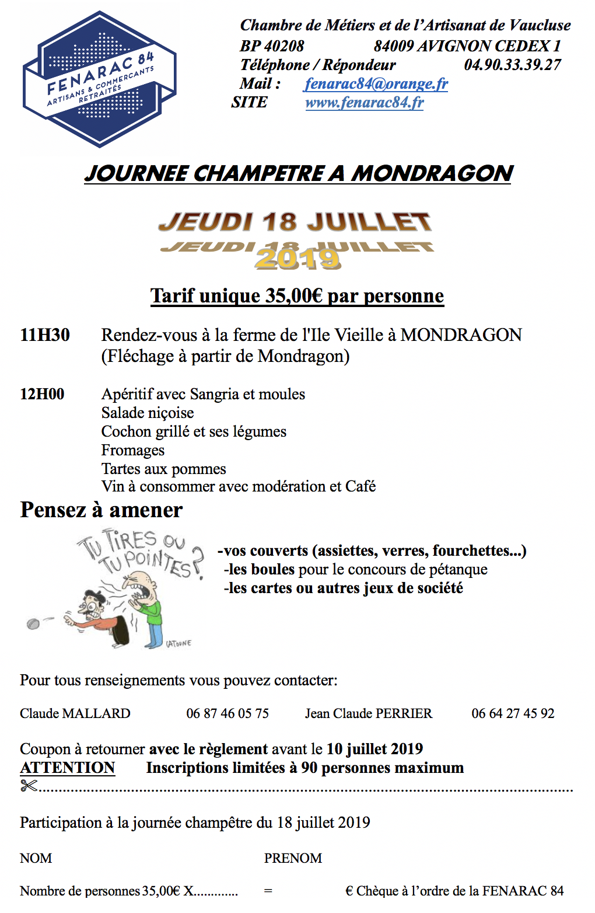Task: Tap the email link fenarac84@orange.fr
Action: pyautogui.click(x=376, y=84)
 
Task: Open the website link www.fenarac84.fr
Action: pyautogui.click(x=364, y=103)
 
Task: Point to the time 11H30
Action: pyautogui.click(x=45, y=335)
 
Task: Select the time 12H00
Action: pyautogui.click(x=42, y=394)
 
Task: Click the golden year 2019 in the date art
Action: pyautogui.click(x=297, y=259)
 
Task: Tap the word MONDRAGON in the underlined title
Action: pyautogui.click(x=432, y=173)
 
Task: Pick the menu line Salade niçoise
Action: pyautogui.click(x=148, y=413)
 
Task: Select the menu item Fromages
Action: pyautogui.click(x=133, y=451)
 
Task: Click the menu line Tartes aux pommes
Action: pyautogui.click(x=163, y=469)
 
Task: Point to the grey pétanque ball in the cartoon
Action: pyautogui.click(x=33, y=623)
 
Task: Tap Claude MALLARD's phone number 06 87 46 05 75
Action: pyautogui.click(x=228, y=713)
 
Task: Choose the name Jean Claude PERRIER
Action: pyautogui.click(x=369, y=713)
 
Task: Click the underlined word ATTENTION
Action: pyautogui.click(x=68, y=768)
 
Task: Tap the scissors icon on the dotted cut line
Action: pyautogui.click(x=29, y=786)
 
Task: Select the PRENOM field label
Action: pyautogui.click(x=293, y=858)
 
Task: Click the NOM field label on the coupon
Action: pyautogui.click(x=36, y=858)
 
